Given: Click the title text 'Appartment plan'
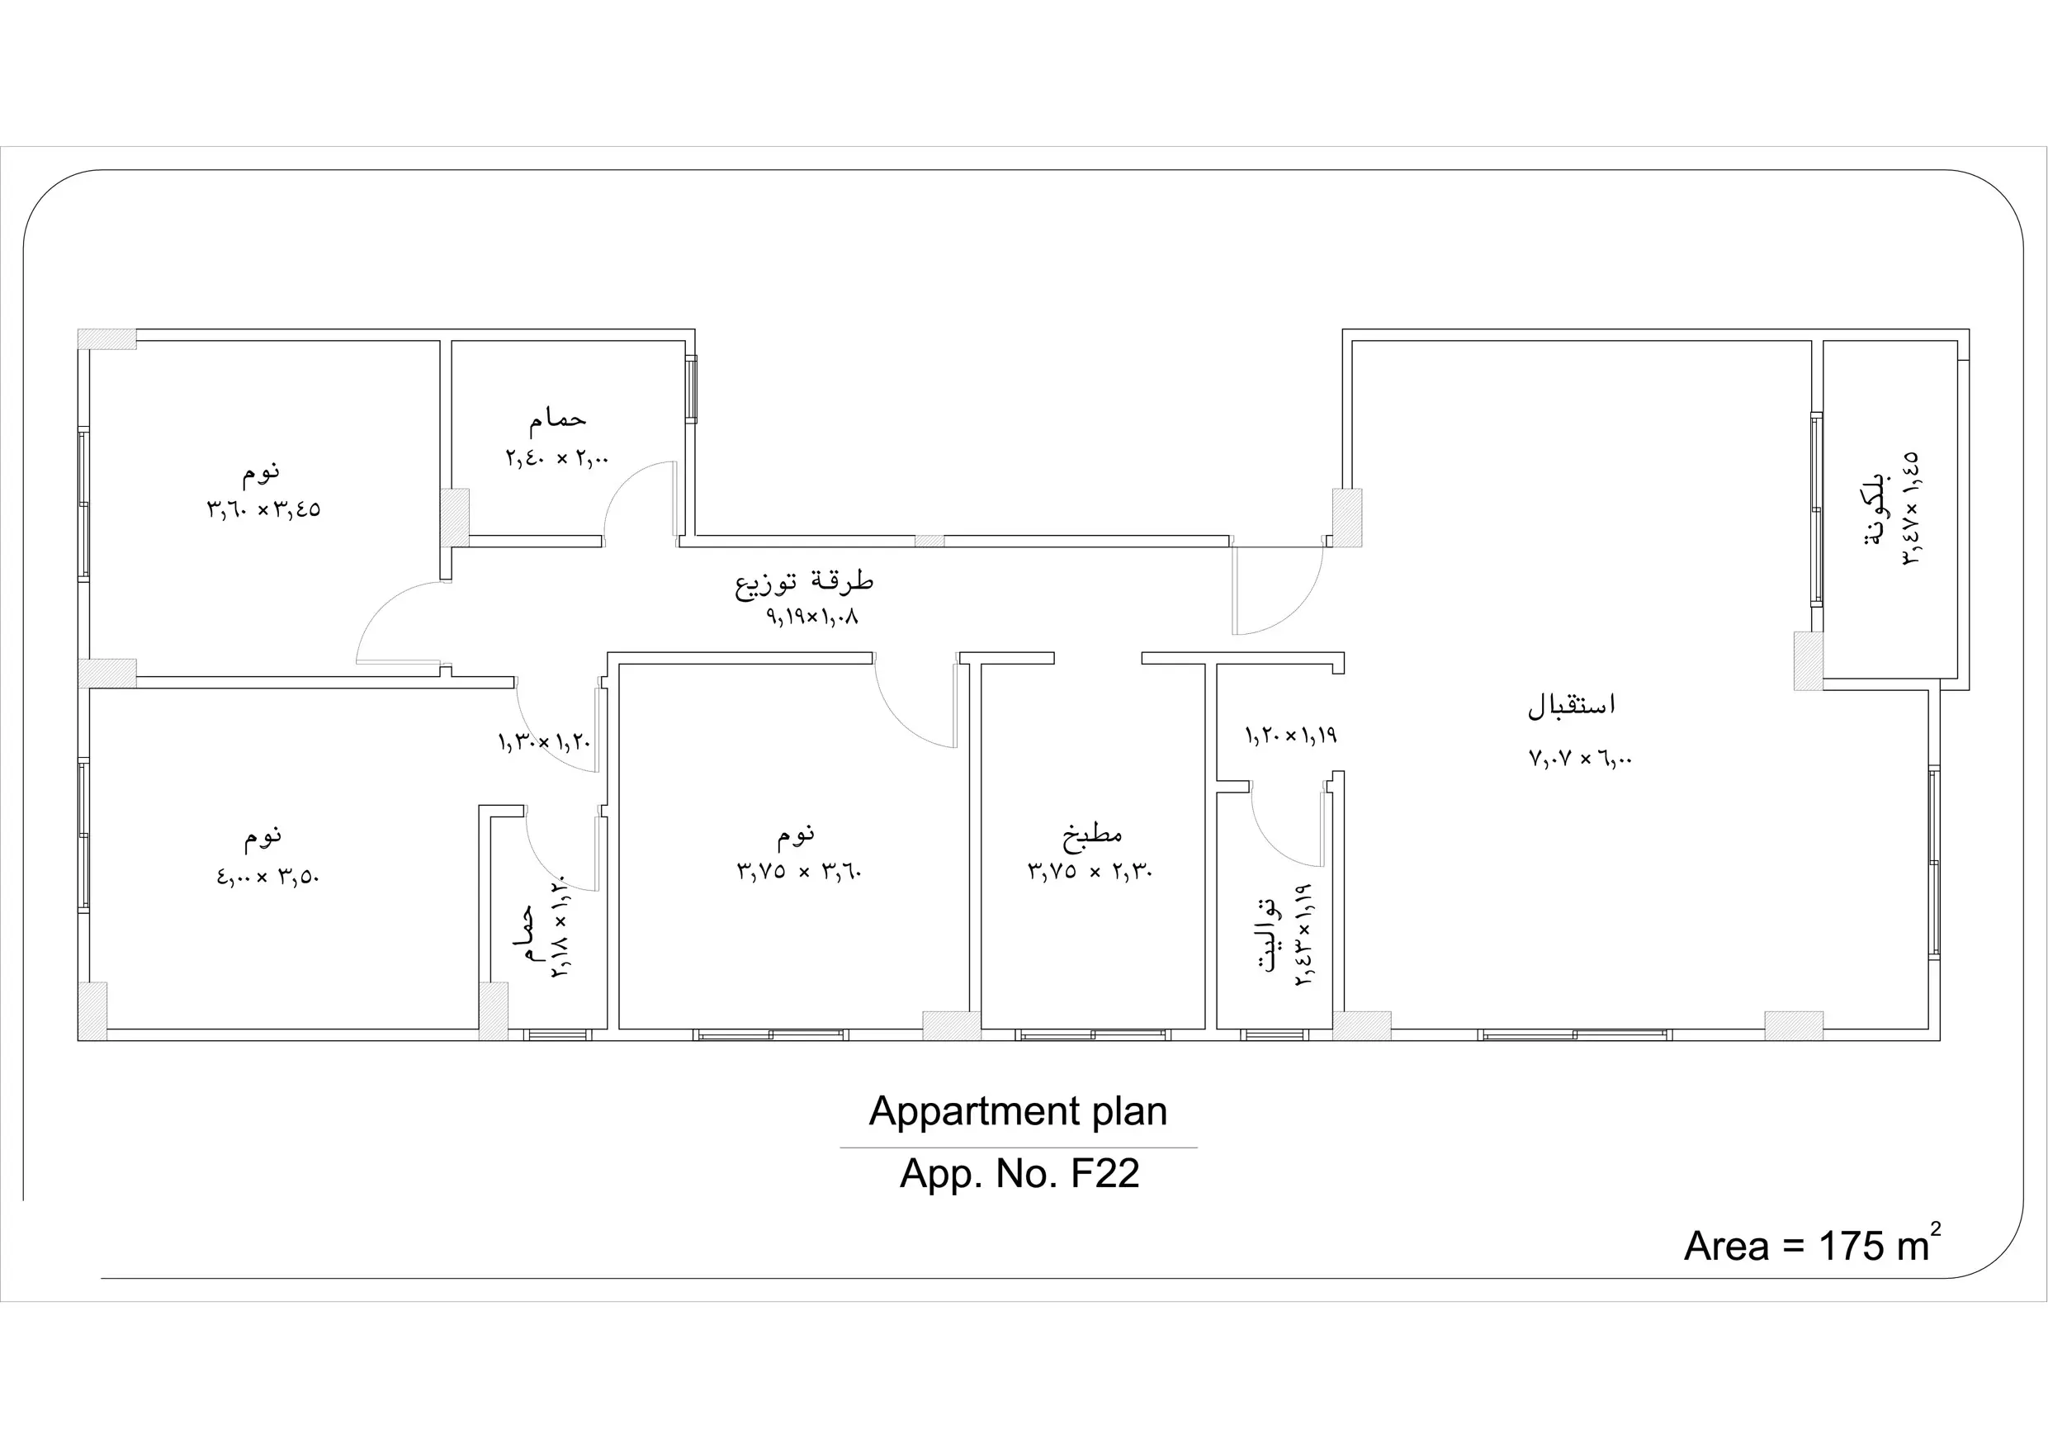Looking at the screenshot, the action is click(x=1018, y=1112).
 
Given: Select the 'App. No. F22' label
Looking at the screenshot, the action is click(x=1019, y=1174).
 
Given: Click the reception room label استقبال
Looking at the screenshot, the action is click(x=1572, y=705).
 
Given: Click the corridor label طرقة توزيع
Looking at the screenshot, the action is click(x=804, y=582).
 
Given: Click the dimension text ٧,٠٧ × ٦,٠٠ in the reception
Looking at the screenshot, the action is click(x=1581, y=759).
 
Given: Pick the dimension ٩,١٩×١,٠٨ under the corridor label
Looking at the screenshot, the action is click(x=812, y=616).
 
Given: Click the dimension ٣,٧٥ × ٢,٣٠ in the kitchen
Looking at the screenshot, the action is click(x=1090, y=871).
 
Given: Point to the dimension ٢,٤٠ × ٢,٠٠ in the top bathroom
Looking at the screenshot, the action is click(x=557, y=458).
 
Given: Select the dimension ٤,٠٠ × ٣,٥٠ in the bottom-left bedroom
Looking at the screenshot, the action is click(x=267, y=876).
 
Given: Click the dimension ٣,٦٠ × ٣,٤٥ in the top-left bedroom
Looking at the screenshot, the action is click(x=264, y=509).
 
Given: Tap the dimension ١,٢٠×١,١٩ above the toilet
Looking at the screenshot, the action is click(x=1291, y=736).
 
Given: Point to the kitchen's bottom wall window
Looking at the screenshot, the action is click(x=1092, y=1035).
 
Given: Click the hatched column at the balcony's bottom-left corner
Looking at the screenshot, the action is click(x=1808, y=661).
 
